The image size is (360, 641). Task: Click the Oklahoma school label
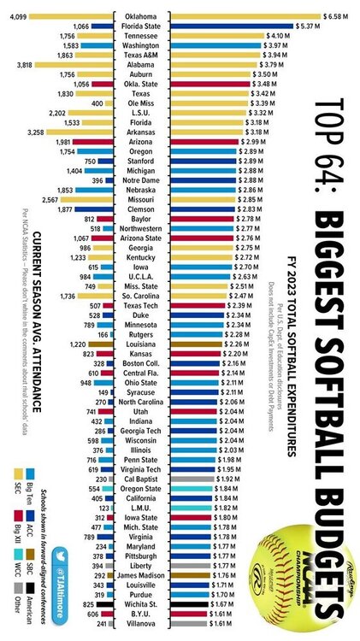(x=142, y=16)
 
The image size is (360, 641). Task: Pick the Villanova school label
(x=142, y=624)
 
